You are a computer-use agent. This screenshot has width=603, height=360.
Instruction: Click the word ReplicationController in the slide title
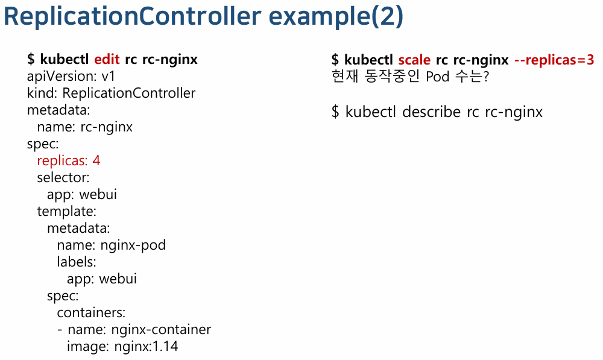(132, 17)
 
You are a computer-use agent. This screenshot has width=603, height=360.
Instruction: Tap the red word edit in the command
(107, 60)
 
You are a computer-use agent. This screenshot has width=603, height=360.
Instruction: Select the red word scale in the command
(414, 60)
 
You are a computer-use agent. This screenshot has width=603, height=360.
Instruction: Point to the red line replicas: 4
(69, 161)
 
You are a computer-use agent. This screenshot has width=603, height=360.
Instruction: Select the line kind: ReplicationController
(111, 93)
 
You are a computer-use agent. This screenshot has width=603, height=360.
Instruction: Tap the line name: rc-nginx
(84, 127)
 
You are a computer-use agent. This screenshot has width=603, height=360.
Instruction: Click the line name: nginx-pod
(111, 245)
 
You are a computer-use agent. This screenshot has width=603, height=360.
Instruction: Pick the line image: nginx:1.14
(122, 347)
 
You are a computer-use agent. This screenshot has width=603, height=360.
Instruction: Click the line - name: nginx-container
(134, 330)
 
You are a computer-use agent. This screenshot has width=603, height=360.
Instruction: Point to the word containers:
(91, 313)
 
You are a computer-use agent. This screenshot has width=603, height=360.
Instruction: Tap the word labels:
(77, 262)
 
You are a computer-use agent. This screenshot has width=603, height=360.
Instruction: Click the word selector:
(63, 178)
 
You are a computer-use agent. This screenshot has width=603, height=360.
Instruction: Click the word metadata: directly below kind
(58, 110)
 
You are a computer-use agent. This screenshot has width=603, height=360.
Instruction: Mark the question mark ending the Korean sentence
(485, 77)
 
